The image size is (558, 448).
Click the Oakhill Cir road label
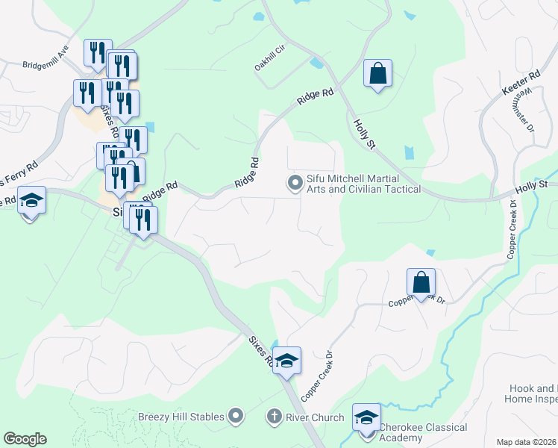[x=271, y=57]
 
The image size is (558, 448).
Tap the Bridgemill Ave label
[x=46, y=65]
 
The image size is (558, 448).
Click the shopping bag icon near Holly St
[x=378, y=74]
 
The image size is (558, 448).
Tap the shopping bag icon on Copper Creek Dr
[x=421, y=283]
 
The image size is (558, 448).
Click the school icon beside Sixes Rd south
[x=286, y=361]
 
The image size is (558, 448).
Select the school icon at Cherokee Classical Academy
[x=366, y=417]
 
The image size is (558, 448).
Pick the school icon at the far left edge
[x=32, y=201]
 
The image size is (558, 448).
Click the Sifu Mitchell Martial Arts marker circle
[x=295, y=181]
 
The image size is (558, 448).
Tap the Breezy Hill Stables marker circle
[x=236, y=414]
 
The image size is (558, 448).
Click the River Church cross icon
[x=275, y=417]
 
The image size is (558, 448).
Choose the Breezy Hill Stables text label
[x=182, y=416]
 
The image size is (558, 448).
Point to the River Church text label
[x=315, y=417]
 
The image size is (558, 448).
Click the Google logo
[x=25, y=439]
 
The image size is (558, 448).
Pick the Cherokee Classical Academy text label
[x=424, y=432]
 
